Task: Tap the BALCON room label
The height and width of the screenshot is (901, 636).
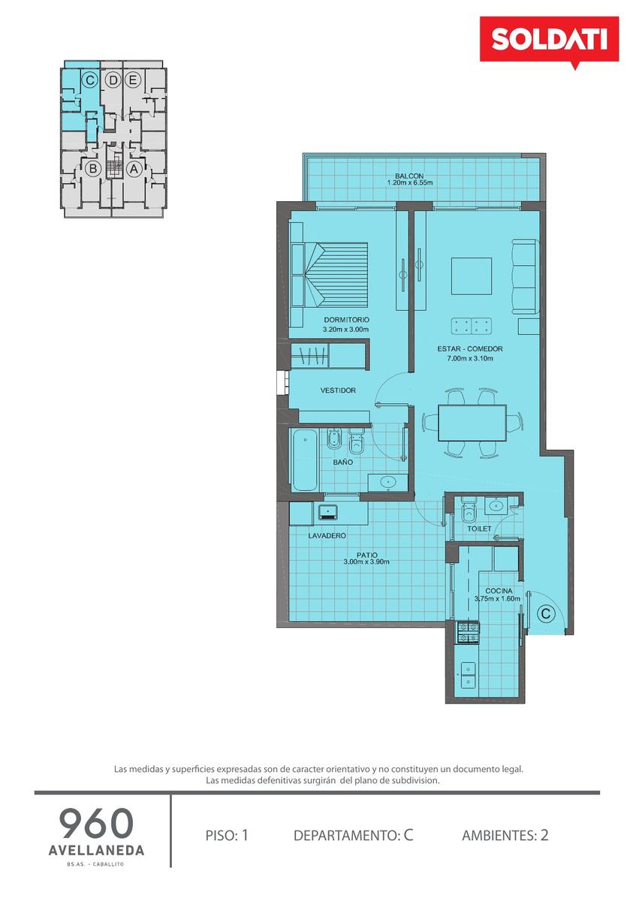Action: [409, 176]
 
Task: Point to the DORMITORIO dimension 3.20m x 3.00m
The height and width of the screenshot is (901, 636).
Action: [345, 330]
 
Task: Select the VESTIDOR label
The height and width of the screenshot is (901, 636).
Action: [338, 390]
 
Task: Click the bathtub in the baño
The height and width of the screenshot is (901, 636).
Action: [305, 460]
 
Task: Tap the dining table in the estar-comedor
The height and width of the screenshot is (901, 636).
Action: [472, 423]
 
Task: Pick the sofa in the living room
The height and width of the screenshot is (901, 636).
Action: [526, 277]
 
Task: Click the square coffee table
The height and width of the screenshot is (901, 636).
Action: [472, 276]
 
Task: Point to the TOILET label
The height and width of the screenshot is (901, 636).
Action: [479, 529]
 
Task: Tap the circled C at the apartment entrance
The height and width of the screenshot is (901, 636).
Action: [546, 614]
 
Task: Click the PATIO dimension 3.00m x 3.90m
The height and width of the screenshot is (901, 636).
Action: [366, 562]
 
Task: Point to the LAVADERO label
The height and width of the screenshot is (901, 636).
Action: [327, 536]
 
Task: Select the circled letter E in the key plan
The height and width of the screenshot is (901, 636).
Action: [133, 80]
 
